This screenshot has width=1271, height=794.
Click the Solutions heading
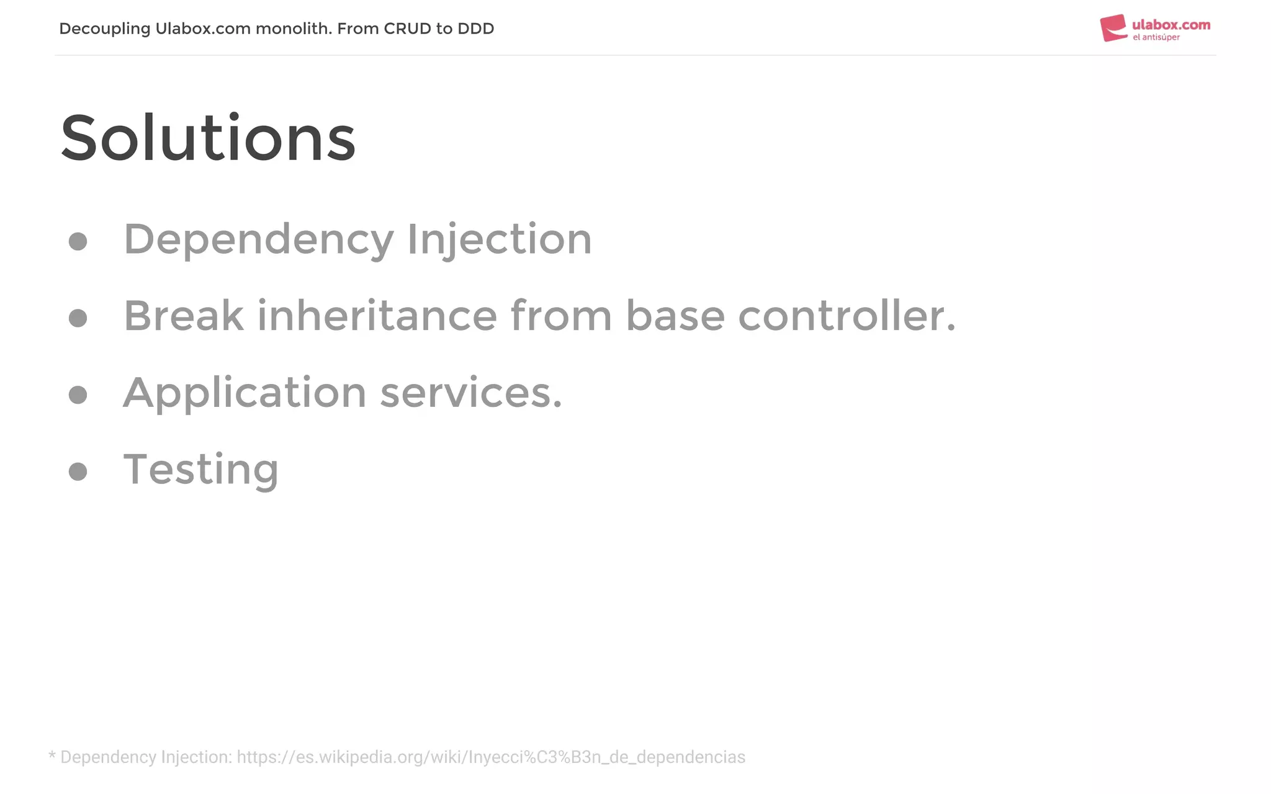tap(208, 138)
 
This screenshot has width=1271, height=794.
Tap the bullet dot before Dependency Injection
tap(78, 241)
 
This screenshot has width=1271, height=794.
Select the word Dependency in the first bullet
tap(258, 239)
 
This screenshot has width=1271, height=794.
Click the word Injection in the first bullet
tap(500, 239)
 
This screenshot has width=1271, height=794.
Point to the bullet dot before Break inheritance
tap(78, 318)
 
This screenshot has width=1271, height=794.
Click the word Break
tap(184, 316)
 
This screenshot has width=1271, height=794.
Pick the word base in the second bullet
tap(675, 316)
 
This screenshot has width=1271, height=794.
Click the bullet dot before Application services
tap(78, 395)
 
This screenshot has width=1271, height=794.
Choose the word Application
tap(245, 393)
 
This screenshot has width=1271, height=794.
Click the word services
tap(470, 393)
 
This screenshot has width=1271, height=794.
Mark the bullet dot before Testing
tap(78, 471)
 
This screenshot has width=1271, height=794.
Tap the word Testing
tap(201, 470)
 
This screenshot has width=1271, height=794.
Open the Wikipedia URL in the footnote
tap(491, 757)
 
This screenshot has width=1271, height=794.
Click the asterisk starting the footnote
tap(52, 756)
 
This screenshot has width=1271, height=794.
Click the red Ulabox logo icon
tap(1113, 29)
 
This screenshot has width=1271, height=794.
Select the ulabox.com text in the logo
tap(1171, 25)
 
